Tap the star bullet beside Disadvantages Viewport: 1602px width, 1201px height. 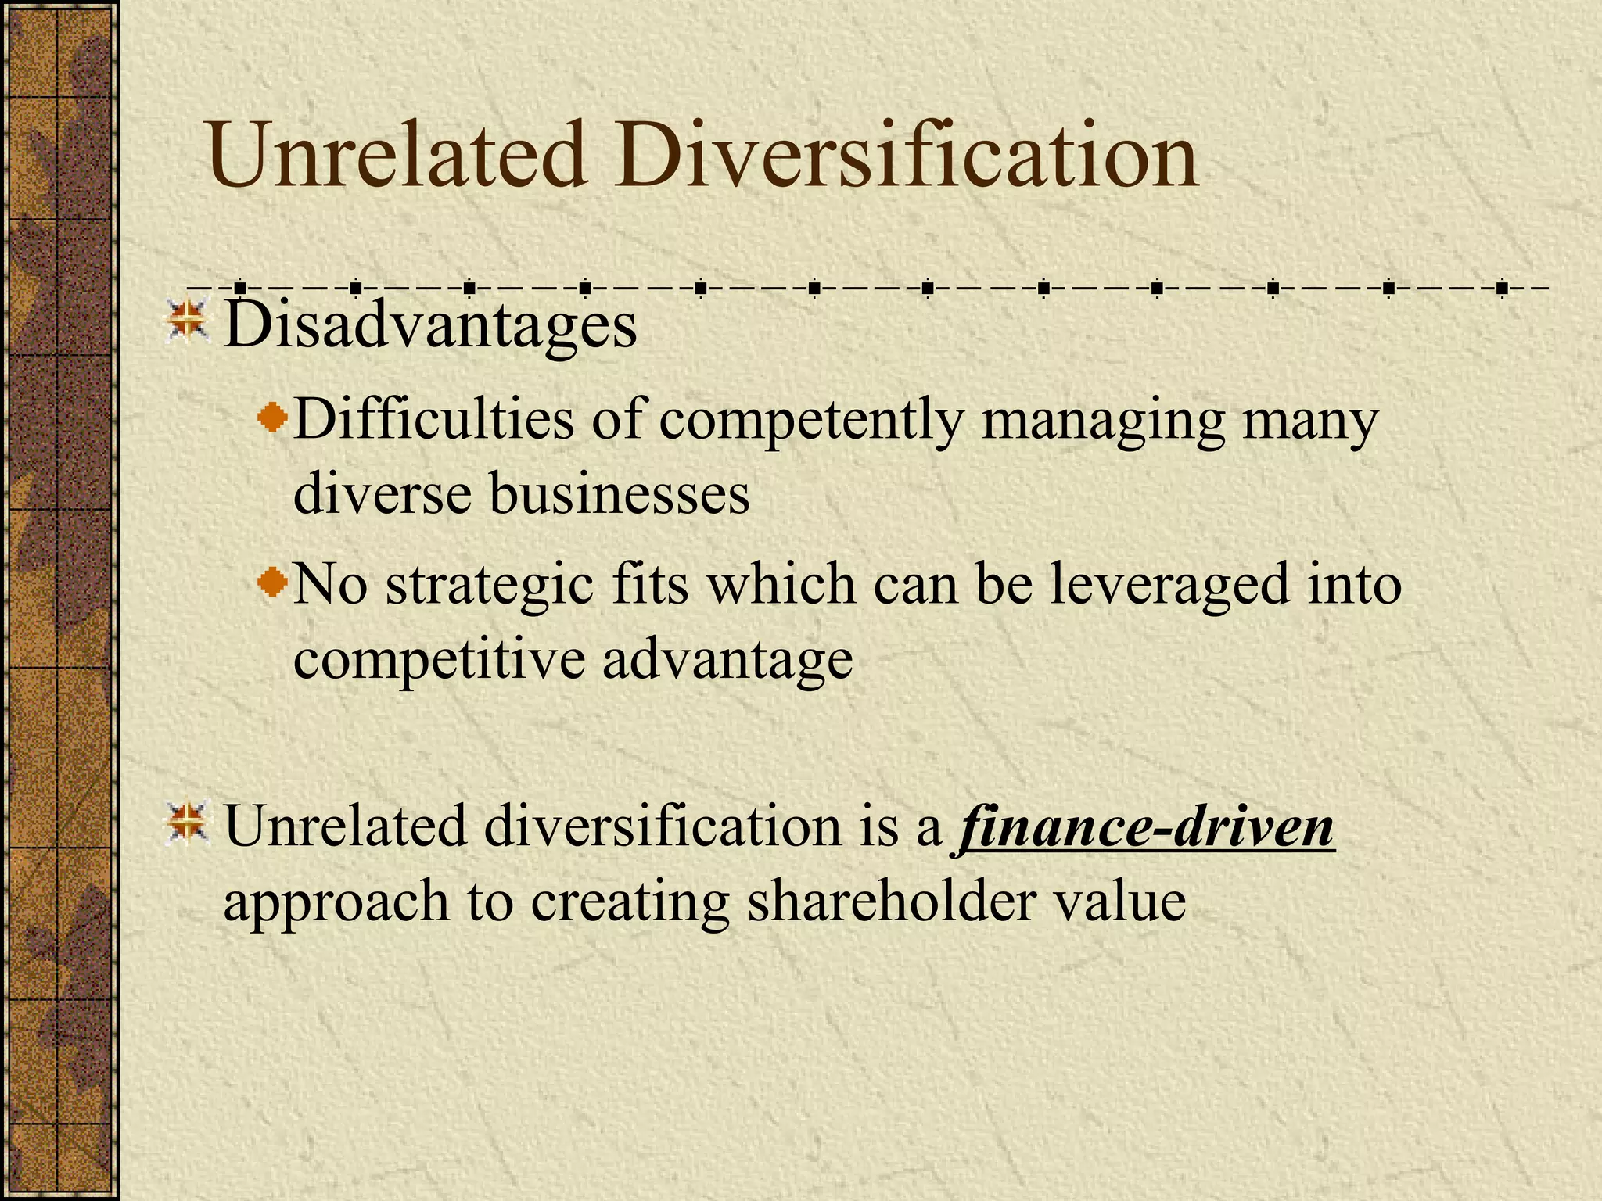188,323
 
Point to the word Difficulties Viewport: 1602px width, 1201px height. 433,420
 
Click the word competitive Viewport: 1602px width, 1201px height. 439,659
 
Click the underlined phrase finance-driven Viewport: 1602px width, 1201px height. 1144,827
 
